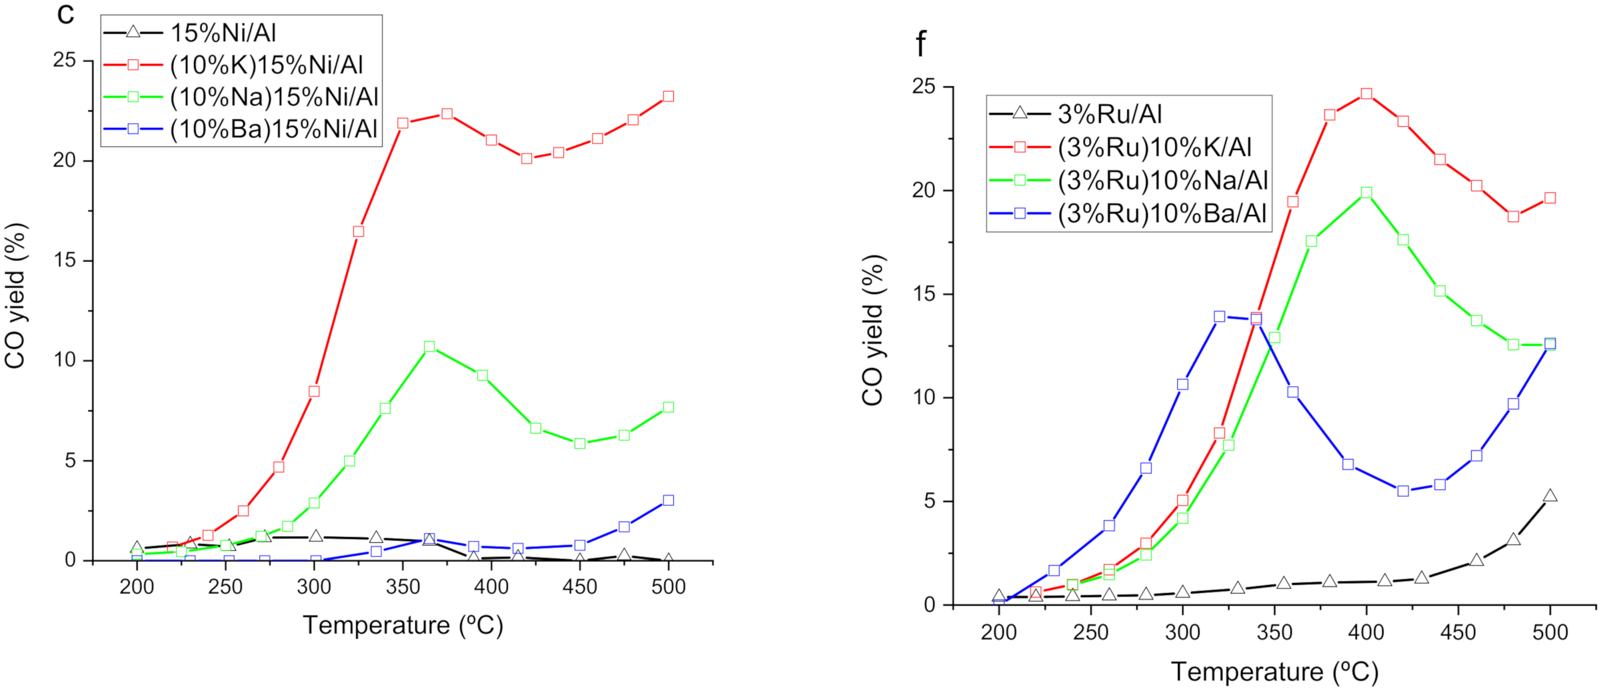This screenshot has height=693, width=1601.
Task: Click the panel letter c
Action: (x=65, y=15)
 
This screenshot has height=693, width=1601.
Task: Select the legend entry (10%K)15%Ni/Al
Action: (x=267, y=65)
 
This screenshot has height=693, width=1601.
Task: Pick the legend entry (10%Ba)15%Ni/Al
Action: (x=274, y=129)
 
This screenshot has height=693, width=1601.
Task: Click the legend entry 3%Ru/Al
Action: (x=1110, y=114)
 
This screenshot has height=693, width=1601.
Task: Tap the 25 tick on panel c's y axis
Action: (x=65, y=61)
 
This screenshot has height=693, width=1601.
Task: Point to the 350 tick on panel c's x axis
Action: (x=403, y=586)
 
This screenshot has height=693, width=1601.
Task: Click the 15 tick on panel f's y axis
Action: (x=924, y=294)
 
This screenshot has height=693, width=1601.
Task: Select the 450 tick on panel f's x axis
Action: (x=1458, y=632)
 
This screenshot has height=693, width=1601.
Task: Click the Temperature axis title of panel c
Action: (x=403, y=625)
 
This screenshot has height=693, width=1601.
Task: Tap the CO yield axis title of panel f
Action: (x=872, y=330)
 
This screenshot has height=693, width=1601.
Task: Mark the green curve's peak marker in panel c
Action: (x=429, y=347)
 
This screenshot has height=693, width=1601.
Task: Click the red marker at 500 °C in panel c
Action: (x=668, y=96)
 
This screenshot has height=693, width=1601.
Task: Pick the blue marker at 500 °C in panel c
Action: (x=668, y=500)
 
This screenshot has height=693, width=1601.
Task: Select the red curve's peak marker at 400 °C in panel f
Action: (x=1366, y=94)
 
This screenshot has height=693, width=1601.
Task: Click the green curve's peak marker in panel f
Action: (x=1366, y=193)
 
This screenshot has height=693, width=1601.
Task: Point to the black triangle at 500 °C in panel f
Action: (x=1550, y=496)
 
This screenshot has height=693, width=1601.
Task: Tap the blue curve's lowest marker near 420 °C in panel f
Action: (x=1403, y=491)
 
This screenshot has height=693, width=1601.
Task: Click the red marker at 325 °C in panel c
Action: (x=359, y=231)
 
